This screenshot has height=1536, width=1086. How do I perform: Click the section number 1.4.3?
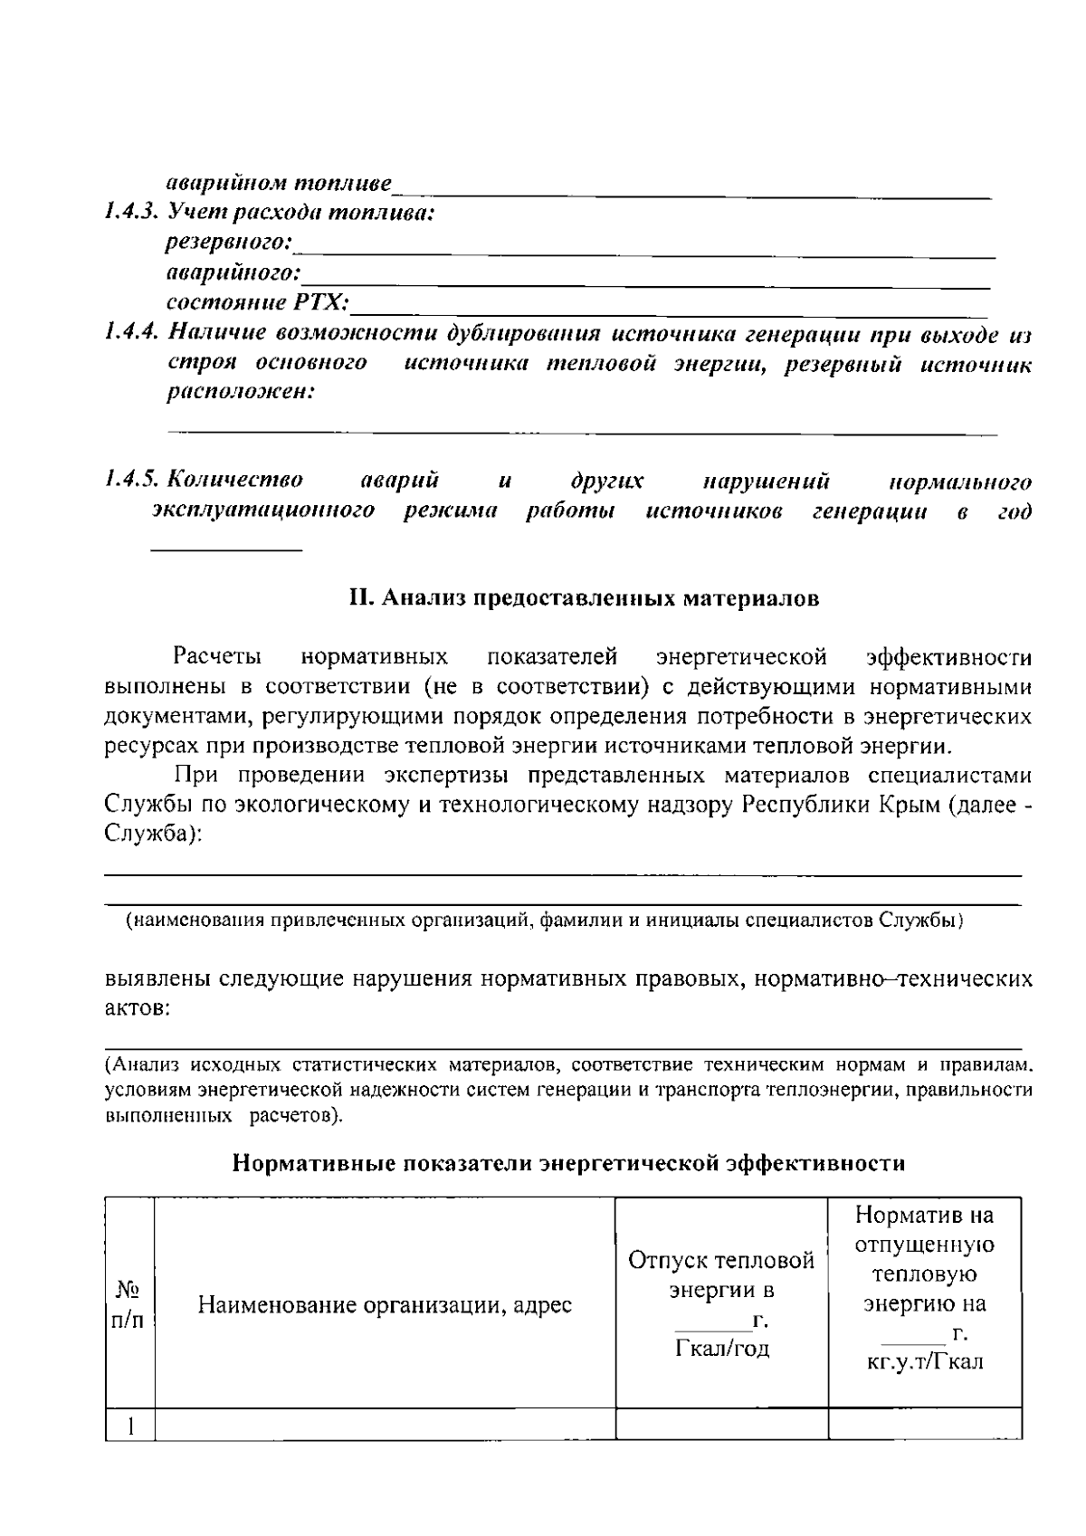pyautogui.click(x=132, y=214)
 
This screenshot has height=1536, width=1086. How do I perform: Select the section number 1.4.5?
pyautogui.click(x=132, y=480)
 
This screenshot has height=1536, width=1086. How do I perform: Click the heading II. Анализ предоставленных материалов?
pyautogui.click(x=584, y=598)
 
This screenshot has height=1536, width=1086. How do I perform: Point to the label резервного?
pyautogui.click(x=230, y=243)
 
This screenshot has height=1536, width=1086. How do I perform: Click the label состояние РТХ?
pyautogui.click(x=260, y=301)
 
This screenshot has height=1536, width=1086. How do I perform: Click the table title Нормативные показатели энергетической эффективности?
pyautogui.click(x=568, y=1163)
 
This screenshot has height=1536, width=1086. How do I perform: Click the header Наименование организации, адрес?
pyautogui.click(x=385, y=1305)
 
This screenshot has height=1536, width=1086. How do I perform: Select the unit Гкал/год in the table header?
pyautogui.click(x=721, y=1349)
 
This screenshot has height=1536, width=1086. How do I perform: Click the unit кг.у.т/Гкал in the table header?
pyautogui.click(x=924, y=1362)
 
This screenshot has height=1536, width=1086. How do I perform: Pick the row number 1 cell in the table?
pyautogui.click(x=130, y=1427)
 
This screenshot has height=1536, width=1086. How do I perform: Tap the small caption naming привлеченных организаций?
pyautogui.click(x=543, y=921)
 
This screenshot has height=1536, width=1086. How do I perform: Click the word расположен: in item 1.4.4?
pyautogui.click(x=241, y=393)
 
